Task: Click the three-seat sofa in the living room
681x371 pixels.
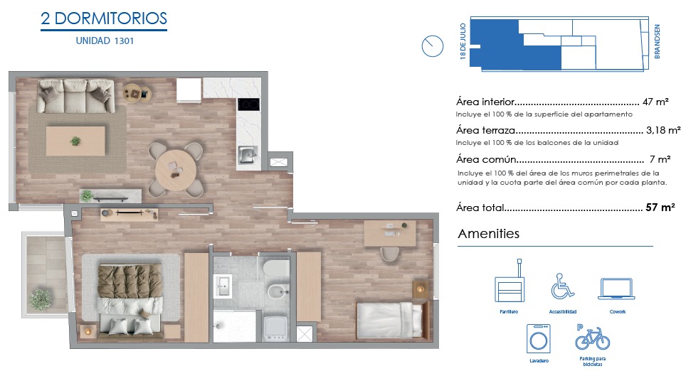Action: (76, 96)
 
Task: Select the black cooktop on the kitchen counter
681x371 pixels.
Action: (248, 104)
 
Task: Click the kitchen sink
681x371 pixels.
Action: (248, 155)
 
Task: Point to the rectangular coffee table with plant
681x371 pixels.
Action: (75, 141)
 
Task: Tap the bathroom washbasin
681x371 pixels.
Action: (223, 286)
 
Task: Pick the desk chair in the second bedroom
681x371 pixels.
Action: (390, 254)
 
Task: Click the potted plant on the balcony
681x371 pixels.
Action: (40, 299)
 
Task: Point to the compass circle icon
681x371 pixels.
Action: (432, 46)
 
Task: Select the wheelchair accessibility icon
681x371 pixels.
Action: (562, 286)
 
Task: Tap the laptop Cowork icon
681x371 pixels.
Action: (617, 289)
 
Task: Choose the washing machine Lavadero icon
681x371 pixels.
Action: (539, 339)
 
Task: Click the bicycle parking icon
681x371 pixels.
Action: (592, 338)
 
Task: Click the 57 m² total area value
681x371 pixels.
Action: (660, 208)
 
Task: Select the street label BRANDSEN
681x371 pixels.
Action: (657, 42)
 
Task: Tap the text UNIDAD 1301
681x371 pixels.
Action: (105, 41)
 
